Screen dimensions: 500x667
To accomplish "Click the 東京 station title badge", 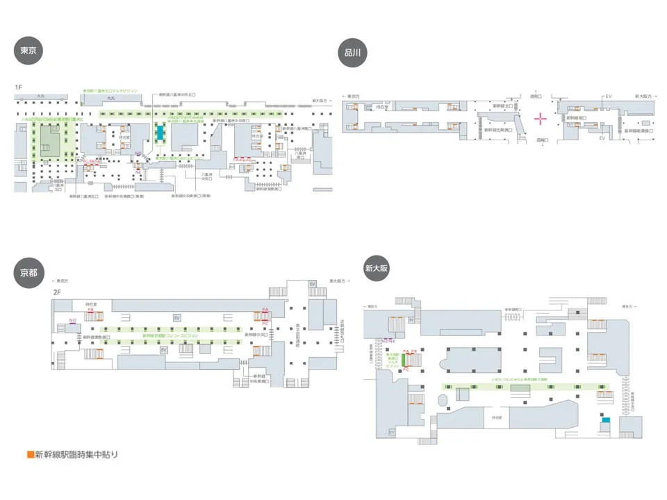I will point(28,51).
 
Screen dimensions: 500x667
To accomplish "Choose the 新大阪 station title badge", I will point(377,267).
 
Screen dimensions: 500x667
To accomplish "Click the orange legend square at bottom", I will point(30,456).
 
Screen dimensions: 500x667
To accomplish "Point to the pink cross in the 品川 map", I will point(541,118).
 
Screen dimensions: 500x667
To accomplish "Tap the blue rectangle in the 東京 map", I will point(160,133).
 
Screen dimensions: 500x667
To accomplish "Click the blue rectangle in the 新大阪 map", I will point(606,421).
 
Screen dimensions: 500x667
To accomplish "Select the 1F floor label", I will point(19,87).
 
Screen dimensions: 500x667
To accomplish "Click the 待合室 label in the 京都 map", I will point(91,305).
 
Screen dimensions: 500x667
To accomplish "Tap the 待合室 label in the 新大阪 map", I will point(497,417).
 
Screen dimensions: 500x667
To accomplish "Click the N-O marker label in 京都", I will point(73,320).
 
